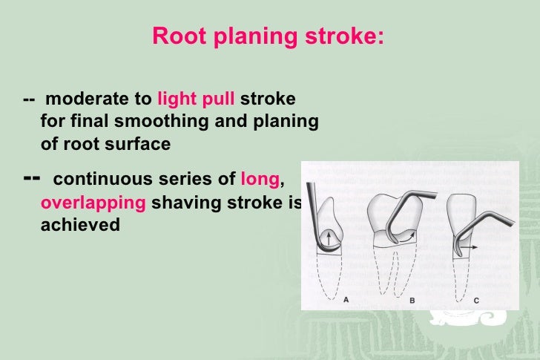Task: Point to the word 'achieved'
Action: click(x=79, y=225)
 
